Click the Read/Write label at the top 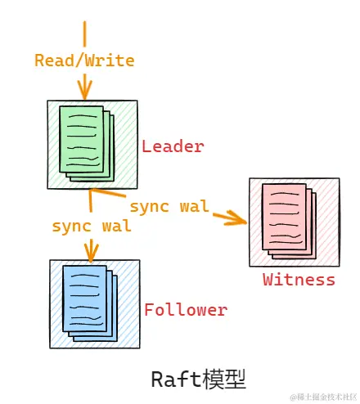click(x=84, y=60)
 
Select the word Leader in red click(x=173, y=146)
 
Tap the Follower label click(x=186, y=310)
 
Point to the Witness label click(x=299, y=280)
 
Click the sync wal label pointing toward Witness click(x=169, y=205)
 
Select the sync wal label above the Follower click(x=91, y=226)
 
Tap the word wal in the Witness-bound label click(x=194, y=205)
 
